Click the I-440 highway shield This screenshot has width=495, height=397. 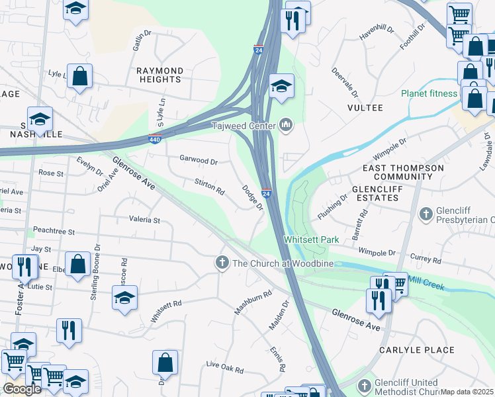(x=154, y=140)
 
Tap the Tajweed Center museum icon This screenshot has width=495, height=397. (x=286, y=124)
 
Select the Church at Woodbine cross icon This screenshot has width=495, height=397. (x=222, y=263)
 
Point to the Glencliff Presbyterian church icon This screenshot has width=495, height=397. (x=426, y=214)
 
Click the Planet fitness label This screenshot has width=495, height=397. (x=429, y=93)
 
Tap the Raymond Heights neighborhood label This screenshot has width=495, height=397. (x=159, y=75)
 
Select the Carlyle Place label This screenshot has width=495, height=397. (x=416, y=349)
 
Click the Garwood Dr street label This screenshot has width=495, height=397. (x=199, y=159)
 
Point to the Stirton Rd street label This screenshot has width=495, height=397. (x=209, y=186)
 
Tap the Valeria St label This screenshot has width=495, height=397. (x=144, y=219)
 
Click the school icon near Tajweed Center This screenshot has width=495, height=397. (x=281, y=85)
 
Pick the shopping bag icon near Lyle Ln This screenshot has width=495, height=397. (x=79, y=76)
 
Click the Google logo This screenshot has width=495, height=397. (x=21, y=389)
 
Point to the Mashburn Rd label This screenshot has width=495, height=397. (x=253, y=303)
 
